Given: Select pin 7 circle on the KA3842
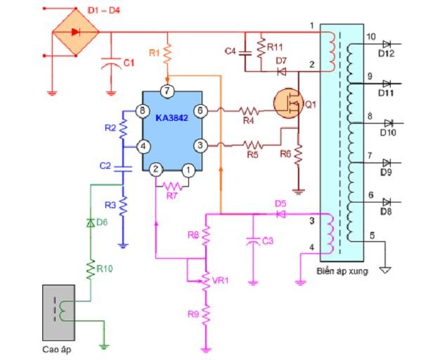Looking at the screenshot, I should [x=166, y=91].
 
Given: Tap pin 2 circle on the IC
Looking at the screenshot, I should [x=156, y=169].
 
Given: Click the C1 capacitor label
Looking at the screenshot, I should [x=129, y=63].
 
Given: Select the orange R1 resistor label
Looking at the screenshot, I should [x=155, y=53].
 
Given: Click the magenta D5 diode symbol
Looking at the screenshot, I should [x=280, y=213].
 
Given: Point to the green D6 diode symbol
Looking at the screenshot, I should [x=91, y=222].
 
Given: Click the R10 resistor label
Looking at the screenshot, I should [x=104, y=266].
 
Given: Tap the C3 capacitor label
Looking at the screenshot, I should [x=266, y=242].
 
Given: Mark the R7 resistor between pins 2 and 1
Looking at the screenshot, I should [x=172, y=187].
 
